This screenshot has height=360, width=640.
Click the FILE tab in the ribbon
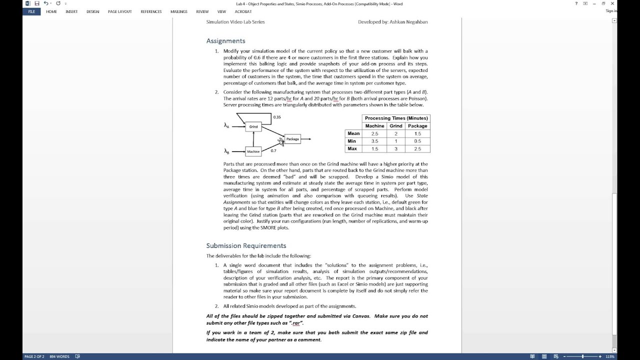31,11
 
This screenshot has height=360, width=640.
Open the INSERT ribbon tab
71,11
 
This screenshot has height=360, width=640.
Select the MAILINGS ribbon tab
178,11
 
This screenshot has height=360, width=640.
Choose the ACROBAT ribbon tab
243,11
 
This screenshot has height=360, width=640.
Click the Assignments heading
225,41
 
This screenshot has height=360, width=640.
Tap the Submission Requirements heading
246,245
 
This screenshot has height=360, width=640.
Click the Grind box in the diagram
253,126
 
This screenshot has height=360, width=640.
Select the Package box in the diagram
292,139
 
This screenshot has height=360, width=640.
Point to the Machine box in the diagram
253,151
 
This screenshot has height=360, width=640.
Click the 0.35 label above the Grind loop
277,117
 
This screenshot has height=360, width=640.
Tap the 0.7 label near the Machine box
273,150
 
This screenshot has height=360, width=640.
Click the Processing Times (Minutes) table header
396,118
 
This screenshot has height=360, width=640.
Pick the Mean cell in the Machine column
374,133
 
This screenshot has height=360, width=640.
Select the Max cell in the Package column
417,149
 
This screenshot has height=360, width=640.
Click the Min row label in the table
352,141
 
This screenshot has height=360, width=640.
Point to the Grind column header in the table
395,126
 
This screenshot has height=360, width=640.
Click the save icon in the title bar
37,3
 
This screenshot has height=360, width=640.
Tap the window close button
612,3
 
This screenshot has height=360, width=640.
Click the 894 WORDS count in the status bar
59,356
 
